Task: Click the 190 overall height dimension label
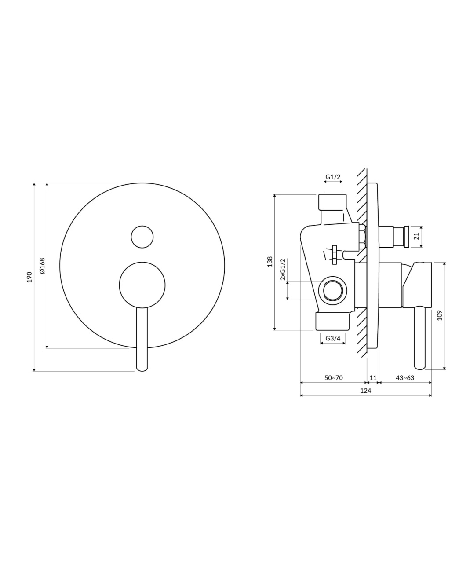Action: tap(29, 277)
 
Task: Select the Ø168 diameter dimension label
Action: tap(42, 266)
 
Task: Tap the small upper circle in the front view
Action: tap(142, 237)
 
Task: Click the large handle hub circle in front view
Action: tap(142, 285)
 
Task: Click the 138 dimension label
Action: tap(270, 262)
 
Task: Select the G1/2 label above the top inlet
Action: tap(333, 177)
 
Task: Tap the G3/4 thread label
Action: tap(333, 338)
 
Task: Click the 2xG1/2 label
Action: tap(282, 269)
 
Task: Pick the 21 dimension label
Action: tap(417, 237)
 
